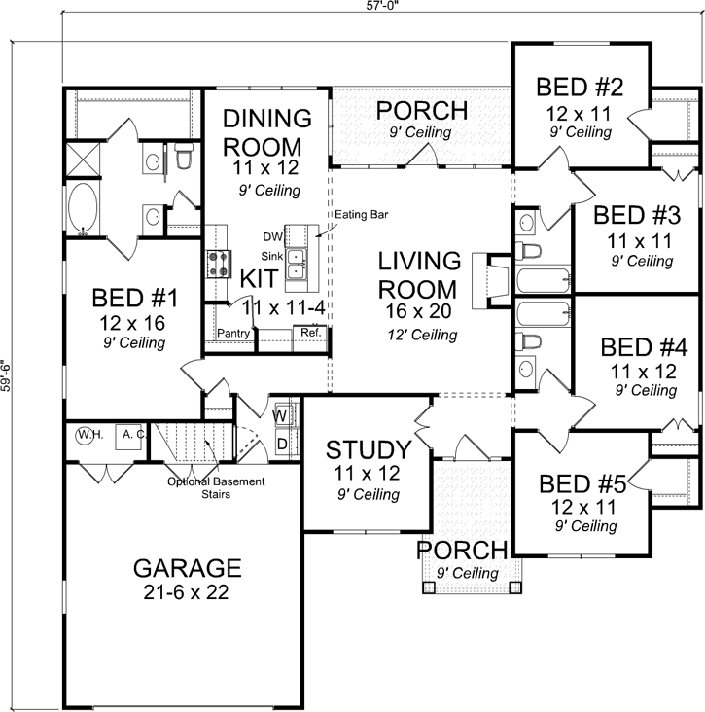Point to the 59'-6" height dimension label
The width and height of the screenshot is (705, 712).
click(x=7, y=376)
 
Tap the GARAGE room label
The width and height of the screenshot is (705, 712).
click(x=186, y=567)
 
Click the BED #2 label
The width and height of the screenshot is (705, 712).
click(x=580, y=88)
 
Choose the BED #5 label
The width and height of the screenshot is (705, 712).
click(x=582, y=482)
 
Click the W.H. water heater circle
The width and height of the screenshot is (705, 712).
click(x=85, y=435)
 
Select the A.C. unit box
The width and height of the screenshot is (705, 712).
click(x=130, y=436)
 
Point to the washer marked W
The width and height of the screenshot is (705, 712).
click(x=280, y=416)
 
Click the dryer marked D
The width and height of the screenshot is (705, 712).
click(x=280, y=444)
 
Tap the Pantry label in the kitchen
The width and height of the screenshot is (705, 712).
click(x=234, y=334)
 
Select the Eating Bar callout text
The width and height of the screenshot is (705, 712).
click(x=361, y=214)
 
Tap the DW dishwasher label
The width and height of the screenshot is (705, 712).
click(x=272, y=235)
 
